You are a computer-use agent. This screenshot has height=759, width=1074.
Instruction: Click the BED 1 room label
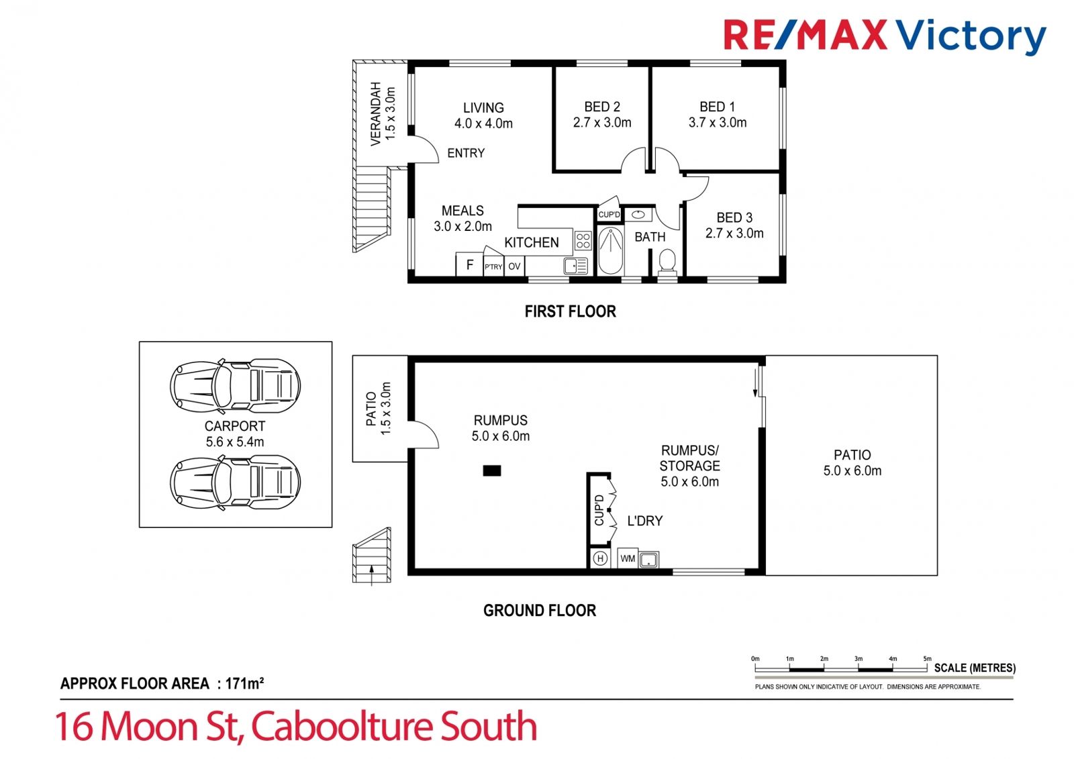click(x=717, y=107)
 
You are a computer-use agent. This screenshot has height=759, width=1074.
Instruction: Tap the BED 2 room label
click(x=601, y=107)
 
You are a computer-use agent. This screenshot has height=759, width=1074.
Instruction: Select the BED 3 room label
click(x=734, y=217)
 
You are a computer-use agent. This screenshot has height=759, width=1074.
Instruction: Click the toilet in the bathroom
click(x=667, y=262)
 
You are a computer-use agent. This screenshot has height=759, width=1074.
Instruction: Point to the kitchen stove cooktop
click(x=583, y=241)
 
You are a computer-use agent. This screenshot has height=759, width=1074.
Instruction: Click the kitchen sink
click(x=575, y=266)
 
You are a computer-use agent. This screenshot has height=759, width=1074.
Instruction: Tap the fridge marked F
click(x=469, y=264)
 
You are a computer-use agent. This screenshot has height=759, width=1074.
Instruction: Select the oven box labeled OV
click(x=514, y=266)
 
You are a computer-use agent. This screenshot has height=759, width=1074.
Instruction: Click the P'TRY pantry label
click(x=493, y=267)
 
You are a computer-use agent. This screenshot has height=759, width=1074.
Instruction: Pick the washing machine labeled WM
click(x=628, y=558)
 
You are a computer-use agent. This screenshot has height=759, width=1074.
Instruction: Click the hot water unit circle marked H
click(x=600, y=558)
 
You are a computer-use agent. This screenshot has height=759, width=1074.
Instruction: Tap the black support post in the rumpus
click(x=492, y=471)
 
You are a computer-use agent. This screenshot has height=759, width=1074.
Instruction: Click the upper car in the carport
click(x=235, y=386)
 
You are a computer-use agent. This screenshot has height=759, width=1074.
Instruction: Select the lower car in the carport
click(x=235, y=482)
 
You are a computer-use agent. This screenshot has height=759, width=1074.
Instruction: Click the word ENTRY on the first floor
click(x=466, y=153)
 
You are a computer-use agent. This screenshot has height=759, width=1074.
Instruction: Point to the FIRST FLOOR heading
click(x=570, y=311)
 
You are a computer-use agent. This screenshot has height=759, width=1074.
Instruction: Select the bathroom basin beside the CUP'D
click(x=638, y=215)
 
